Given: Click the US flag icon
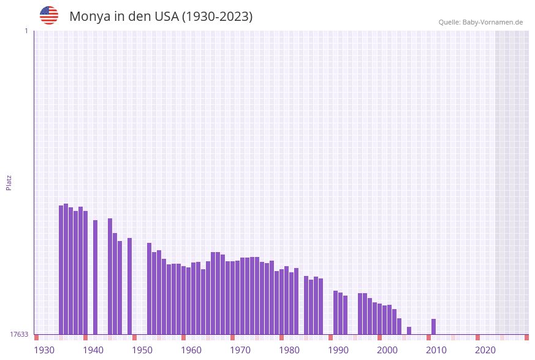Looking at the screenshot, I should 49,15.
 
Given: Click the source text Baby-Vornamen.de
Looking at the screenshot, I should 492,22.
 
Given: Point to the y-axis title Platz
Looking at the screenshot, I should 9,182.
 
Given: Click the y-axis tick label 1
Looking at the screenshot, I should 26,31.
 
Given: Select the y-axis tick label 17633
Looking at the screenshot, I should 19,334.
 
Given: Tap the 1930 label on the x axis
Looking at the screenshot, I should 44,350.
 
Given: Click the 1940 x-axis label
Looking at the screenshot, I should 93,350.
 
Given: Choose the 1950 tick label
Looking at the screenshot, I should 142,350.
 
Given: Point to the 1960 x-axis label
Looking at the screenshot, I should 191,350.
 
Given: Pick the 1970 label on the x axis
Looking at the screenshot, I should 240,350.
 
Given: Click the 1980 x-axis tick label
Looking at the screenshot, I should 289,350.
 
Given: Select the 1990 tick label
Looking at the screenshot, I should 338,350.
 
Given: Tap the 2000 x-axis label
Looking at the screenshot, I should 387,350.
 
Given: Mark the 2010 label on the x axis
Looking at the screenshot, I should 436,350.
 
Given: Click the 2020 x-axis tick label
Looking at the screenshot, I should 485,350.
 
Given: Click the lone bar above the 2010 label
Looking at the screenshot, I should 434,327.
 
